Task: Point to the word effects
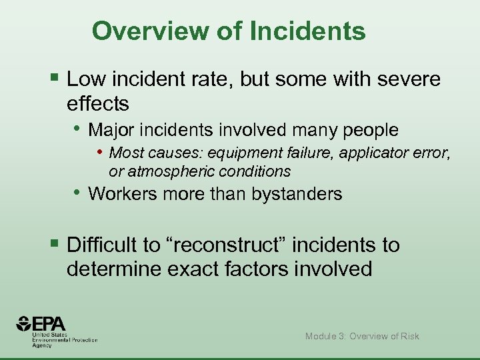98,104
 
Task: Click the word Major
111,129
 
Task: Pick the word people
367,130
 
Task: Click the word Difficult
105,245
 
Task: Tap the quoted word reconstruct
227,245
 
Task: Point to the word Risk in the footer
408,336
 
